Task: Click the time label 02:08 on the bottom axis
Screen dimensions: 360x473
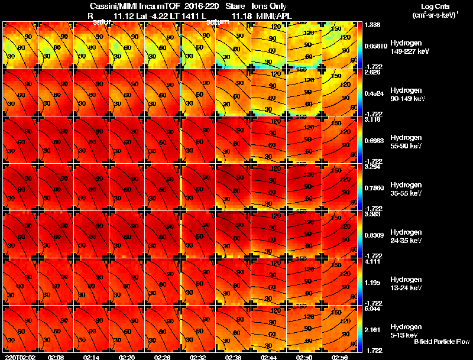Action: [56, 356]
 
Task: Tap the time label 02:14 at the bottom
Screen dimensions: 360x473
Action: [92, 356]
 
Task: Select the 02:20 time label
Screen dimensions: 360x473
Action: [127, 356]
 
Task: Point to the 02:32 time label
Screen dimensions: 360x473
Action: [198, 356]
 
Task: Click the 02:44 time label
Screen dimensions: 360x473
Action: [269, 356]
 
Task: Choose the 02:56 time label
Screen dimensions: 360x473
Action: [340, 356]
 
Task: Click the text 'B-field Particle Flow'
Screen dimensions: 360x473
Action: [441, 342]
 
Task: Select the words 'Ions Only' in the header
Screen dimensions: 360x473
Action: [269, 6]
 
